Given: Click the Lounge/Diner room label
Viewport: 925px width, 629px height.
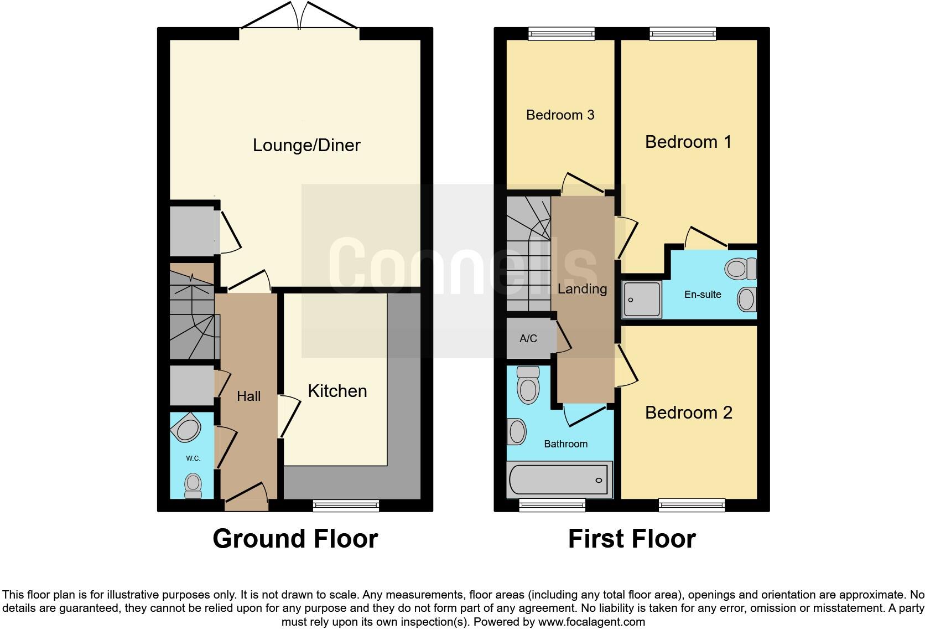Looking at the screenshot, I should pos(306,145).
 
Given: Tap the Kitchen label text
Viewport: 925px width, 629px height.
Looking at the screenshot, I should pos(337,391).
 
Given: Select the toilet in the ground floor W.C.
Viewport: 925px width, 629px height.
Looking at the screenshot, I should pos(193,484).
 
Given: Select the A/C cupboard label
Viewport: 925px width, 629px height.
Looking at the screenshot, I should pos(528,338).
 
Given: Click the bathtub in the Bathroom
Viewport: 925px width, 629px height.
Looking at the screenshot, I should pos(559,480).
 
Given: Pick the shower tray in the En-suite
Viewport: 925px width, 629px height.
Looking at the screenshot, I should pos(642,300).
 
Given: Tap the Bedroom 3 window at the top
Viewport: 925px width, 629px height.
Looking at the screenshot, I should pos(561,34).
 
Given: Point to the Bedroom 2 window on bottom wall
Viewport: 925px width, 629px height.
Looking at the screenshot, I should pos(692,504).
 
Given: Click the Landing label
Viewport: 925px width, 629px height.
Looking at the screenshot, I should pos(582,288).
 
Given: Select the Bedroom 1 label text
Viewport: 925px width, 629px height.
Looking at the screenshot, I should pos(688,142).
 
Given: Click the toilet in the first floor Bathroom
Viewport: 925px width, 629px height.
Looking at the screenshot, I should pos(528,385).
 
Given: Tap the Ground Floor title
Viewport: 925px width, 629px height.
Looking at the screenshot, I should pos(295,539).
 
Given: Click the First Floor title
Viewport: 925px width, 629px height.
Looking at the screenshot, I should pos(631,539).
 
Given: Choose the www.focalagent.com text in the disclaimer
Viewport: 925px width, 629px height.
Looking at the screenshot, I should pos(591,622).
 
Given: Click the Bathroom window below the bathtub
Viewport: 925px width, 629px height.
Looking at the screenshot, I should pos(552,504).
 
